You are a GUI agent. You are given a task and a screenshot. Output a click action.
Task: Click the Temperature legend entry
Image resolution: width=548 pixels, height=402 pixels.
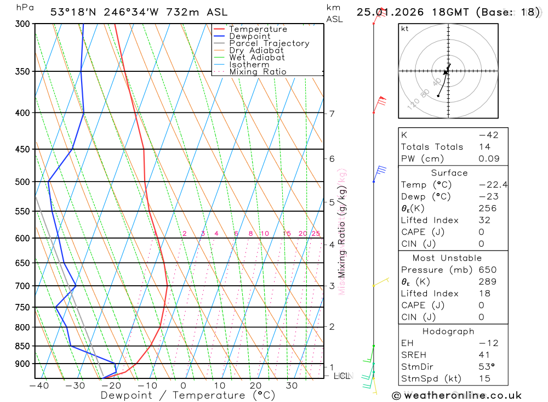point(258,29)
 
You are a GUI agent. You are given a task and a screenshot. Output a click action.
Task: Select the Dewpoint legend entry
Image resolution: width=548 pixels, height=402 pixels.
point(249,36)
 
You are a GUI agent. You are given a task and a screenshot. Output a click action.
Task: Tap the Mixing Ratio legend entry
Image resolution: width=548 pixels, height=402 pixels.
point(258,71)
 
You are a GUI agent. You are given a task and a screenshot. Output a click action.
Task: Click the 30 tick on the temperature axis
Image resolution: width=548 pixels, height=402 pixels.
point(291,386)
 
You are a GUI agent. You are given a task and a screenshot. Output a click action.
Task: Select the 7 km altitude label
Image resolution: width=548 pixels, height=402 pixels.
point(332,114)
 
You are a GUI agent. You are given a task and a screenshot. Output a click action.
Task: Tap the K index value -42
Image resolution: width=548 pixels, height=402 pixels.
point(488,135)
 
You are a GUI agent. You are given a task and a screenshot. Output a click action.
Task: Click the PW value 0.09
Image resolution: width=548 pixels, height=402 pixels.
point(489,158)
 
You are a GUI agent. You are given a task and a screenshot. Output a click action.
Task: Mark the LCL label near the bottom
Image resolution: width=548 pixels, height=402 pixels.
point(342,376)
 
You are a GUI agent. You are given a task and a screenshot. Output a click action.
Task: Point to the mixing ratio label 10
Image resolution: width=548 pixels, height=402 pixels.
point(265,234)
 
